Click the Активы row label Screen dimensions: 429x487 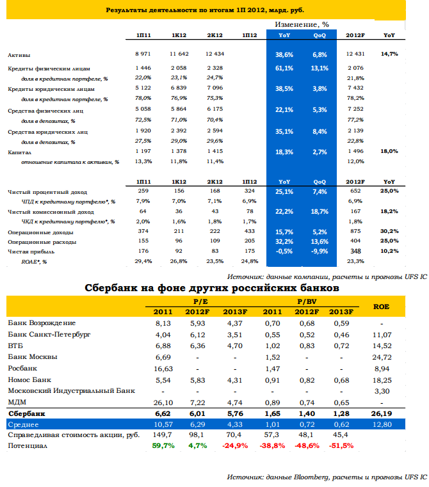click(19, 55)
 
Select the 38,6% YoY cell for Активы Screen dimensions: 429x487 click(284, 54)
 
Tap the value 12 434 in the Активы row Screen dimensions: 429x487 click(214, 54)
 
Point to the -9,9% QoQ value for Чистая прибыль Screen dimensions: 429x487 click(320, 251)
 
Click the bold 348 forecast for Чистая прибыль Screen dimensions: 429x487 click(355, 251)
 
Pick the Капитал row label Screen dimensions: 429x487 click(20, 152)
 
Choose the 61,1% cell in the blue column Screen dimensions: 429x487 click(284, 68)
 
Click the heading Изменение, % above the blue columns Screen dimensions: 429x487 click(302, 24)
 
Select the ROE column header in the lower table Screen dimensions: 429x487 click(382, 307)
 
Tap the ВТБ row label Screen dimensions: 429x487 click(15, 346)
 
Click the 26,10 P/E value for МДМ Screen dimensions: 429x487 click(163, 403)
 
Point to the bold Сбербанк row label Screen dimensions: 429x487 click(27, 413)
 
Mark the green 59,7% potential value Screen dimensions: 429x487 click(163, 445)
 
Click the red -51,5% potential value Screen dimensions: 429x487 click(341, 445)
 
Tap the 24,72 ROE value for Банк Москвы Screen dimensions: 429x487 click(382, 357)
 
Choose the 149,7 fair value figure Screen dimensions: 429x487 click(162, 435)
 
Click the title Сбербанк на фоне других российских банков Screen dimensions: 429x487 click(212, 288)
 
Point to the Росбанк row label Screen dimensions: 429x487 click(22, 369)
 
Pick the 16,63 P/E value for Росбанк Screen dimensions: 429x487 click(163, 369)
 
